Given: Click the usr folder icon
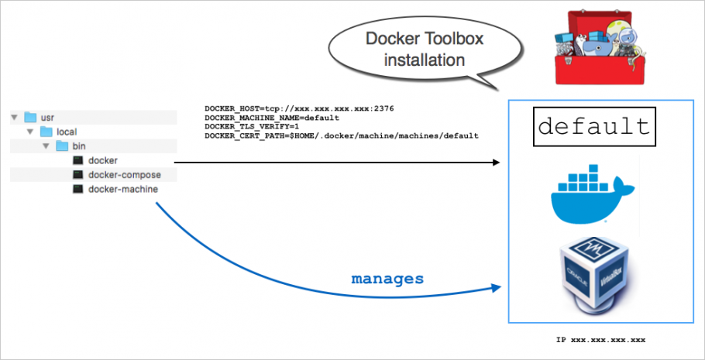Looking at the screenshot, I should coord(31,118).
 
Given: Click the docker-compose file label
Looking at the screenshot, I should coord(124,175).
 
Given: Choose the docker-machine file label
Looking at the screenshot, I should coord(123,189).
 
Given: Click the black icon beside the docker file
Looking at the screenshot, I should coord(77,161).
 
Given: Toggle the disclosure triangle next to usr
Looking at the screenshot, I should coord(14,118).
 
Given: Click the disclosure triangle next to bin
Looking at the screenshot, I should coord(46,146).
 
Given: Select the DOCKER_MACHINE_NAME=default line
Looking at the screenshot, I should coord(272,118).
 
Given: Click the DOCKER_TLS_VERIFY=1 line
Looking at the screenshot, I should coord(252,126).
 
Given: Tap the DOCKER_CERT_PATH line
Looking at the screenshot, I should coord(341,135).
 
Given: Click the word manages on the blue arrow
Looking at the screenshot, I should coord(387,278).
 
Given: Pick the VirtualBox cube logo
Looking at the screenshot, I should coord(593,275).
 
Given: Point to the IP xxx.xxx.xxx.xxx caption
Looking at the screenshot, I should coord(600,340).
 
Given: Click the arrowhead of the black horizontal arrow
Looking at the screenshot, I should coord(496,162).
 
